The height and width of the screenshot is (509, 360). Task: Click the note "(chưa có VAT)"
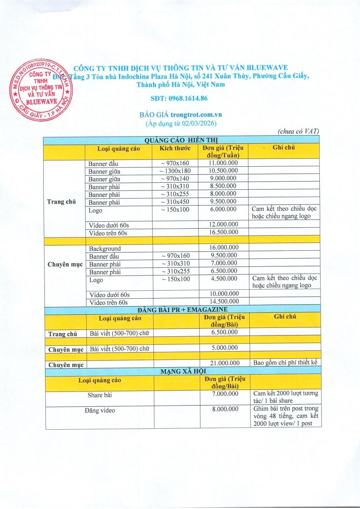(299, 131)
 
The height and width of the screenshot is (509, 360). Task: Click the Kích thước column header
(175, 148)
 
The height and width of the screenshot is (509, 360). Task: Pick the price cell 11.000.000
(223, 163)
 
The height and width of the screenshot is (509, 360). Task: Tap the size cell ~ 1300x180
(175, 171)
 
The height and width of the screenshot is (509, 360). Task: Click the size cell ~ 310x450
(175, 202)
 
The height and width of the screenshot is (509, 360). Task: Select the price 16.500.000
(223, 232)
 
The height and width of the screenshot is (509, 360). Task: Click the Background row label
(105, 249)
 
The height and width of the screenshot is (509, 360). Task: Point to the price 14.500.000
(223, 302)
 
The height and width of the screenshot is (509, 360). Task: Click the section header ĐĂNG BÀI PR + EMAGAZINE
(182, 310)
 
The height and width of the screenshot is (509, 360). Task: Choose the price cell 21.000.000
(223, 363)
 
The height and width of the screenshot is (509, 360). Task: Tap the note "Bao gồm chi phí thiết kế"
(285, 363)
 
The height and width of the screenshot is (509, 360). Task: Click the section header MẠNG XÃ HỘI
(182, 371)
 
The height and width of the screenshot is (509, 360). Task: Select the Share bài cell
(101, 395)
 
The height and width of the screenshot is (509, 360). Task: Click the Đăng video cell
(101, 410)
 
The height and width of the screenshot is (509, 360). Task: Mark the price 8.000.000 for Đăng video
(223, 410)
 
